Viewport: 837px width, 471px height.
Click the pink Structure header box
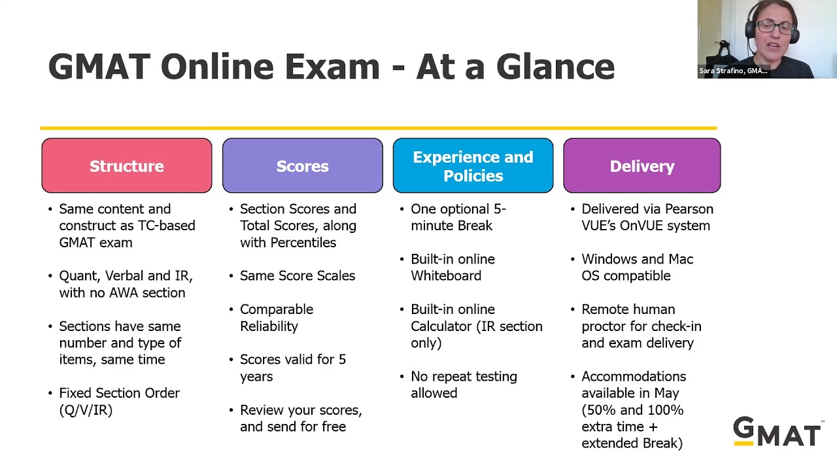pos(127,166)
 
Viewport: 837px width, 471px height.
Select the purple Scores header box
pos(302,166)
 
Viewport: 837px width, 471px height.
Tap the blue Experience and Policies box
pos(473,166)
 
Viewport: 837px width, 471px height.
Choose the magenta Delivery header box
pos(641,166)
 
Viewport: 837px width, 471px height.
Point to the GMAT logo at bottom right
pos(777,432)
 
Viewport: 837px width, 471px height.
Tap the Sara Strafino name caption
pos(733,71)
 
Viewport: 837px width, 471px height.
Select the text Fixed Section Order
pos(119,393)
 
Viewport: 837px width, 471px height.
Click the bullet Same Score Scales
pos(298,276)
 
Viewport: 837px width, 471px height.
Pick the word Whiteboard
pos(446,276)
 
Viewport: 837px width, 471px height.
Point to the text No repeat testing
pos(464,377)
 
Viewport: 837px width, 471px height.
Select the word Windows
pos(609,259)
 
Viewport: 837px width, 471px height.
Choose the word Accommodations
pos(634,377)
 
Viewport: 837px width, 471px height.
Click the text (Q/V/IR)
pos(86,410)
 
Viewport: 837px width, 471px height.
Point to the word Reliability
pos(269,326)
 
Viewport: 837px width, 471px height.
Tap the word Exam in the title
pos(332,67)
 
